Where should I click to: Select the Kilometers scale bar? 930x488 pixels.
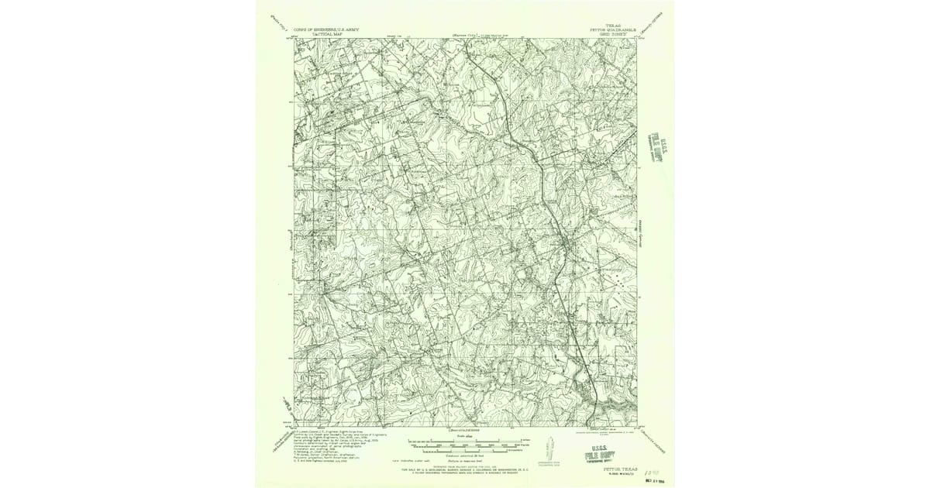pyautogui.click(x=465, y=451)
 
